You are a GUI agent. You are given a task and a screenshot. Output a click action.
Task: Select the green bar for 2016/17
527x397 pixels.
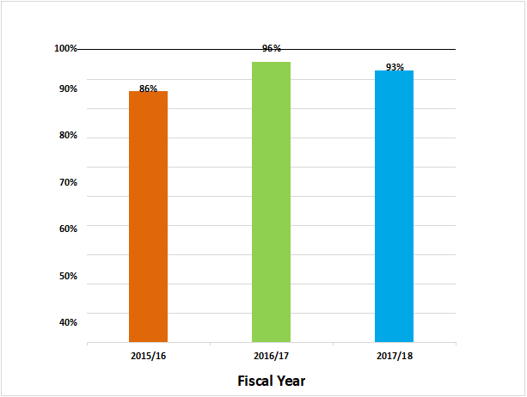271,202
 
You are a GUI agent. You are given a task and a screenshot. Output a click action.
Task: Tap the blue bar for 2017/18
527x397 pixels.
394,206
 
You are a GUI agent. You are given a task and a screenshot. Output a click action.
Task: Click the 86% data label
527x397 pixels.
148,89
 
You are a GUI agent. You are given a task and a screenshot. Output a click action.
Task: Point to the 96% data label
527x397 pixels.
271,49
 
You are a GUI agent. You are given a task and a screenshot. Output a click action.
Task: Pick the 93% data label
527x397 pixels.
395,67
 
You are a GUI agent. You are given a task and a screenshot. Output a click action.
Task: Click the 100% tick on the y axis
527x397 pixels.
66,48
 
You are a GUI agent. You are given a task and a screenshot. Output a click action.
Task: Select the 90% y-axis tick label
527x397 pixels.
68,89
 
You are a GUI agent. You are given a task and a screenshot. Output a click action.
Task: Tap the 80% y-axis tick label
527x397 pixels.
68,136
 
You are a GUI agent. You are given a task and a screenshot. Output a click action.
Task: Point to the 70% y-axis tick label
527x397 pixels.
68,182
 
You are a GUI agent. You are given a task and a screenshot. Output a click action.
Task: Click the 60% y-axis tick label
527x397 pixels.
68,229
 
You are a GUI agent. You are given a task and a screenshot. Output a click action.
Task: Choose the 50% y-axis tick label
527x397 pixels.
68,276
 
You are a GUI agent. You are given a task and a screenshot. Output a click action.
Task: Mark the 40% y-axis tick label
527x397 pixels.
68,322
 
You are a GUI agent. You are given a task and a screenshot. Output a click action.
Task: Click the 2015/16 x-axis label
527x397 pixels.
148,355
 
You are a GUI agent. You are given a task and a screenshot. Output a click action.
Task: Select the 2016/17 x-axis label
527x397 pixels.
271,355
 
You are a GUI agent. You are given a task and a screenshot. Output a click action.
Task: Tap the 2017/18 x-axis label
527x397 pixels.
394,355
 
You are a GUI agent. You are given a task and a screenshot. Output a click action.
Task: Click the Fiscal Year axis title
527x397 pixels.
271,380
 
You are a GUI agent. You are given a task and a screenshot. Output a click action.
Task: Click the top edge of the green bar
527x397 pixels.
271,63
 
